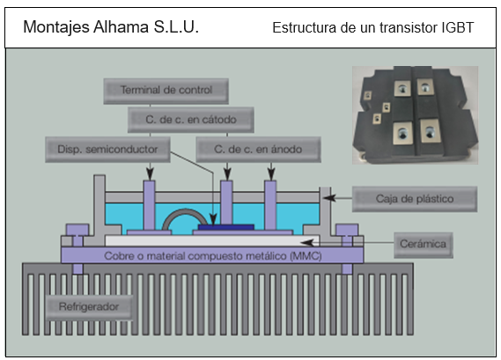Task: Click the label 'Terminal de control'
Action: pyautogui.click(x=166, y=91)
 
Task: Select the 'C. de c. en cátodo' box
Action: pyautogui.click(x=191, y=120)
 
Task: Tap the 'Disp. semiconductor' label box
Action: pyautogui.click(x=107, y=150)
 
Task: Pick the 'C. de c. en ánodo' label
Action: pyautogui.click(x=258, y=150)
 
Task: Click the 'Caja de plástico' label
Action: pyautogui.click(x=415, y=199)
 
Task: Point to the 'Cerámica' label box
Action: pyautogui.click(x=424, y=245)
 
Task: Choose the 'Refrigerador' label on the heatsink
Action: pyautogui.click(x=89, y=307)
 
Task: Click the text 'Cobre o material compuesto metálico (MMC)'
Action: pyautogui.click(x=213, y=256)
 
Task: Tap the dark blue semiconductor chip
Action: pyautogui.click(x=226, y=227)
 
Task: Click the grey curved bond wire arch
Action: pyautogui.click(x=185, y=211)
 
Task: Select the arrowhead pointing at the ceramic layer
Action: pyautogui.click(x=307, y=243)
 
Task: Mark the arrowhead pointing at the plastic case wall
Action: pyautogui.click(x=329, y=198)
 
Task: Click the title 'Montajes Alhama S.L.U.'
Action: pyautogui.click(x=111, y=26)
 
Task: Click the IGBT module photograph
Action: pyautogui.click(x=415, y=115)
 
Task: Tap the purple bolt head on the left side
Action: pyautogui.click(x=77, y=230)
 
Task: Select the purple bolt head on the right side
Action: pyautogui.click(x=347, y=230)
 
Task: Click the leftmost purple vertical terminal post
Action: pyautogui.click(x=149, y=205)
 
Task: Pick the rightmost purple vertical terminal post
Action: pyautogui.click(x=270, y=205)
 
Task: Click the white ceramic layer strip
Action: pyautogui.click(x=212, y=240)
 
